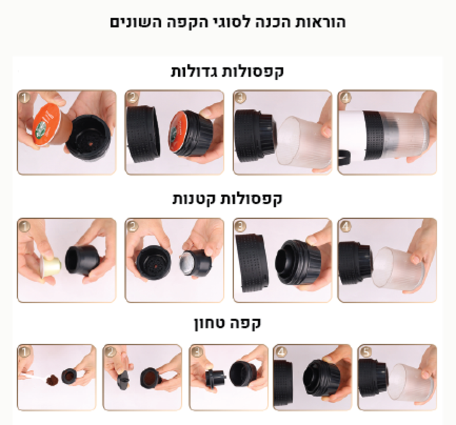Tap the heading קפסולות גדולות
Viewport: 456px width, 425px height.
coord(227,71)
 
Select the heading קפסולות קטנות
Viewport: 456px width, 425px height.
coord(227,199)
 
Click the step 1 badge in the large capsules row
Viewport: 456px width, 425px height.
coord(25,98)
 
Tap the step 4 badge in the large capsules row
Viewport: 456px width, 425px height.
coord(345,98)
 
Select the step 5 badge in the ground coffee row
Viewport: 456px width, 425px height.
coord(365,352)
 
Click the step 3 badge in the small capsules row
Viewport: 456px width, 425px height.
coord(240,226)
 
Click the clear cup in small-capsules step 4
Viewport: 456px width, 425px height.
coord(397,269)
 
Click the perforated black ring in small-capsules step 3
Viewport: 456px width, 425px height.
coord(251,263)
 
